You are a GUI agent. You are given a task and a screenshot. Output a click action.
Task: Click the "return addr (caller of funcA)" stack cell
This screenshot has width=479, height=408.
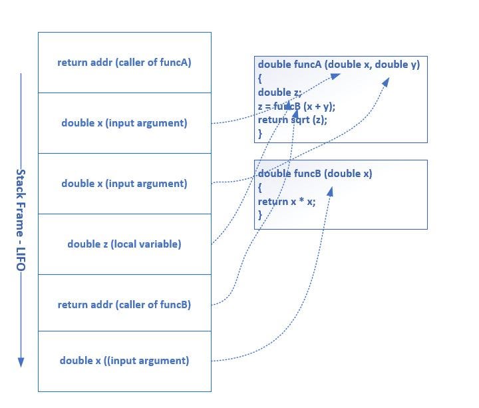[124, 63]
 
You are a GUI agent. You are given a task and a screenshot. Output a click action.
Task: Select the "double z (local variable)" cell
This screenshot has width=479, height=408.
[124, 244]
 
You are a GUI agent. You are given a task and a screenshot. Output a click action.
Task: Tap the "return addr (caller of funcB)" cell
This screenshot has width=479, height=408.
[124, 305]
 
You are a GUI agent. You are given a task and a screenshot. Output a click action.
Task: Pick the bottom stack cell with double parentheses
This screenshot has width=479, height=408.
[124, 361]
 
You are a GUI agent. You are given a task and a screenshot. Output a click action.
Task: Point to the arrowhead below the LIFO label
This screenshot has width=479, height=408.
[21, 362]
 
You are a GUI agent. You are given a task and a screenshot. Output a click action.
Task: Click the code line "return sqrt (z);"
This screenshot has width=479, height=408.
[293, 120]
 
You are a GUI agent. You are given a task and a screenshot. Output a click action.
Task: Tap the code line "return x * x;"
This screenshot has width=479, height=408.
[287, 201]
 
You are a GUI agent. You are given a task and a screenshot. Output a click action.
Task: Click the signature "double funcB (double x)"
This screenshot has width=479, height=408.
[315, 174]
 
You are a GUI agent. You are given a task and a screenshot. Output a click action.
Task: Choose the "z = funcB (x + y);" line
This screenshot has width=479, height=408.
[297, 106]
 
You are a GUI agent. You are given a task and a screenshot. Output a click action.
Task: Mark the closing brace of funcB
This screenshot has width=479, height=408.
[260, 214]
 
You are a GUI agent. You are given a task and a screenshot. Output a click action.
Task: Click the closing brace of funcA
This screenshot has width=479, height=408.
[260, 134]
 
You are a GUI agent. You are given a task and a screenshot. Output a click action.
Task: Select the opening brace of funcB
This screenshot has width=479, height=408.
[260, 188]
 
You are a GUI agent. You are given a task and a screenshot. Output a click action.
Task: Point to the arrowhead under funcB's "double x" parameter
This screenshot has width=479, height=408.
[329, 190]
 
